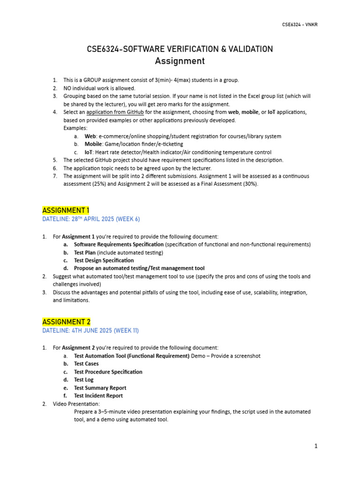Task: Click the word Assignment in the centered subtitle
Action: coord(180,61)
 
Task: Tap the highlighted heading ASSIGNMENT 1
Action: coord(66,210)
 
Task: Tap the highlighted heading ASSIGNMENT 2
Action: coord(66,322)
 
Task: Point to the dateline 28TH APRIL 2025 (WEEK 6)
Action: coord(91,219)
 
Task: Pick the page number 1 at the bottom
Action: coord(316,446)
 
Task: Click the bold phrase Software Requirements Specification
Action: coord(119,244)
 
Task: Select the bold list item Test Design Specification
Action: coord(104,260)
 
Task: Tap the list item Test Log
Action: coord(84,380)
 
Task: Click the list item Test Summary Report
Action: coord(100,388)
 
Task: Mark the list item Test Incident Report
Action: coord(98,396)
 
